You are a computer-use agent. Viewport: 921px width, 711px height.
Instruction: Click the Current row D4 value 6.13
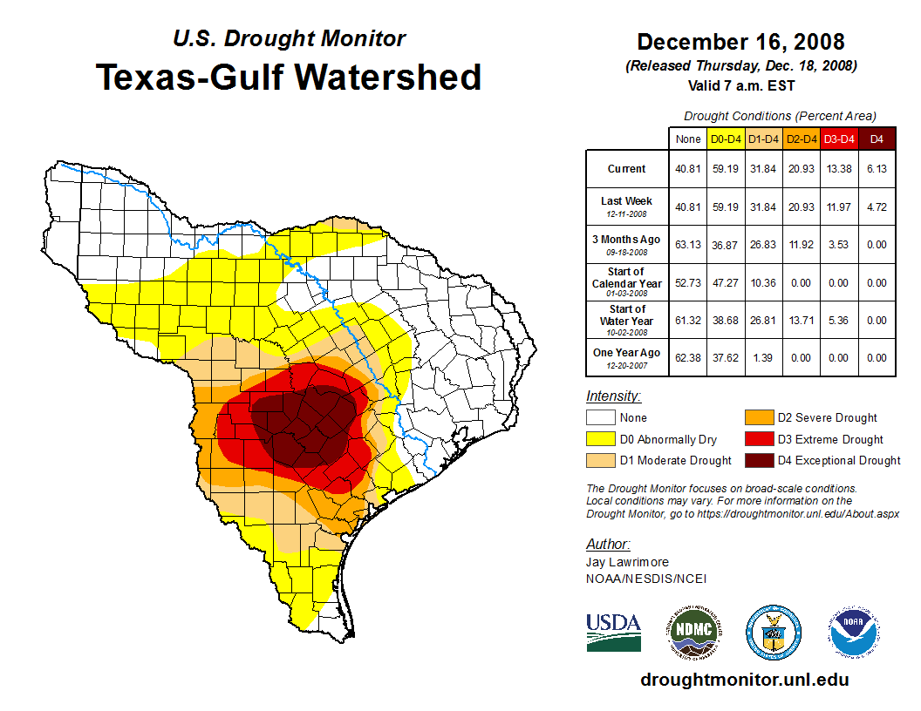[877, 169]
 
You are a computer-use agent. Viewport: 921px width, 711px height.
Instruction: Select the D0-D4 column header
[726, 139]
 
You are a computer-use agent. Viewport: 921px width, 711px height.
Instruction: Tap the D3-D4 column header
[839, 139]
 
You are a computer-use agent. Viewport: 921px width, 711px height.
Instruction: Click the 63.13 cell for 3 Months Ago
[688, 245]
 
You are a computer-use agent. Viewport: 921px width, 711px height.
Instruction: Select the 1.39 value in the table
[764, 357]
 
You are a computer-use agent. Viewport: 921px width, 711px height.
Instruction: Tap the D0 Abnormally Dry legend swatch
[601, 439]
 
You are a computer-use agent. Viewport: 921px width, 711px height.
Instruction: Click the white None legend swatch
[601, 417]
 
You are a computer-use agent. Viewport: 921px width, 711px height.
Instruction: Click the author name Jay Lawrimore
[627, 562]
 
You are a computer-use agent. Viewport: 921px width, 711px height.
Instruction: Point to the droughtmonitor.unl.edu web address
[744, 680]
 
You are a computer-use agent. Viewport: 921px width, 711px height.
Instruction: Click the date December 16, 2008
[740, 42]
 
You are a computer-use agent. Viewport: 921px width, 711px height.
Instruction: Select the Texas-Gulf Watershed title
[288, 77]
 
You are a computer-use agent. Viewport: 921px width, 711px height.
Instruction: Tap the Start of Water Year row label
[627, 315]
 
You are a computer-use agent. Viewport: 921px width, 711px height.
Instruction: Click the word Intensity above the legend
[613, 396]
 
